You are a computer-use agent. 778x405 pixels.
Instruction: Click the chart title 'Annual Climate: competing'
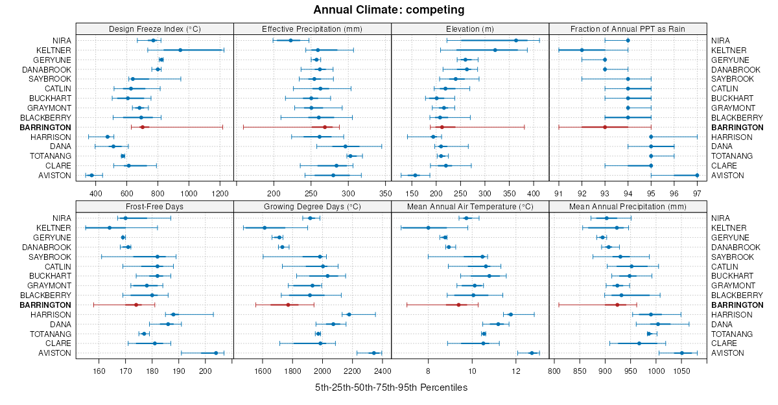389,10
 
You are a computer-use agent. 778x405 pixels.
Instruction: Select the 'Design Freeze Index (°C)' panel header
154,29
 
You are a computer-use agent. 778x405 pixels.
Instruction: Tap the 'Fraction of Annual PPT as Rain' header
628,29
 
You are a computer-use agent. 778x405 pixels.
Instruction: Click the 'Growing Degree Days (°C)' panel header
312,206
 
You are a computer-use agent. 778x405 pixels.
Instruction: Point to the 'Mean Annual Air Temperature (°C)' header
470,206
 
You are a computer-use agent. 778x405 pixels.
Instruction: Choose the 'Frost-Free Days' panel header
154,206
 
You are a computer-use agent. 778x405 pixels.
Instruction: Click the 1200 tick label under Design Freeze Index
220,193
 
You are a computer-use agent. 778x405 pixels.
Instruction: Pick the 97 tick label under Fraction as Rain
697,193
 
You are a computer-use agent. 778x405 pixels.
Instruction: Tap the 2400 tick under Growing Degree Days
383,371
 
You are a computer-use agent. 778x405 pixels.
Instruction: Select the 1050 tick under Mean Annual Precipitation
681,371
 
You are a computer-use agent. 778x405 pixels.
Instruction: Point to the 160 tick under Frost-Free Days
99,371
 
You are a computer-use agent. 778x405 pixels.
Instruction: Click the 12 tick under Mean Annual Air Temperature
516,371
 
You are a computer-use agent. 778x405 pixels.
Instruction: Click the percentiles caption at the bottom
391,388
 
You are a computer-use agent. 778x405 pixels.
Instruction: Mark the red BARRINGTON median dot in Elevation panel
442,127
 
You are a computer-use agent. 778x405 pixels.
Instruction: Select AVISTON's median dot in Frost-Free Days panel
216,353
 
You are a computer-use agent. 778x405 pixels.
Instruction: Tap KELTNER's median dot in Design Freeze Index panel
180,50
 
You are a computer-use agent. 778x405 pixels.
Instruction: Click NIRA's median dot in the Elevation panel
516,40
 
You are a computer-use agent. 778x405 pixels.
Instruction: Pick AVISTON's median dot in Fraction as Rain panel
697,175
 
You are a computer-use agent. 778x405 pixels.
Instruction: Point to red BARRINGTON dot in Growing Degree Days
288,305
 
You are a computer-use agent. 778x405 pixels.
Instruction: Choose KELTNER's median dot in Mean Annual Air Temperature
428,227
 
